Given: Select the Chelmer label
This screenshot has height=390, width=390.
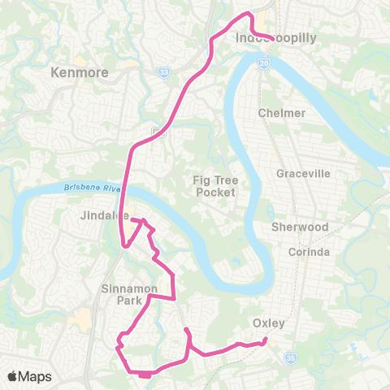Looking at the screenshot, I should [282, 113].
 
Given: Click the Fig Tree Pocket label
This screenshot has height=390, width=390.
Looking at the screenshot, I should [214, 186].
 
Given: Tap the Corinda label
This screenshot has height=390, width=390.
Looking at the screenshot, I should [310, 252].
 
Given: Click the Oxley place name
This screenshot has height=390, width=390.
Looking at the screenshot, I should [268, 323].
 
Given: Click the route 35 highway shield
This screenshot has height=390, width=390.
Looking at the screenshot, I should [291, 355].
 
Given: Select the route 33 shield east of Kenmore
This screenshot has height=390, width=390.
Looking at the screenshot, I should [162, 71].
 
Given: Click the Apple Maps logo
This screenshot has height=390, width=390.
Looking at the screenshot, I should [30, 376].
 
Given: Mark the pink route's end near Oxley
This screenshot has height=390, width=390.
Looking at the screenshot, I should [266, 342].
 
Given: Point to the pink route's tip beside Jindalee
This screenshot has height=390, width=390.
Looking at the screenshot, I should [132, 218].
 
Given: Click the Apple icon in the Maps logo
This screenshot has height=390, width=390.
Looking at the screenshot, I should [13, 375].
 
